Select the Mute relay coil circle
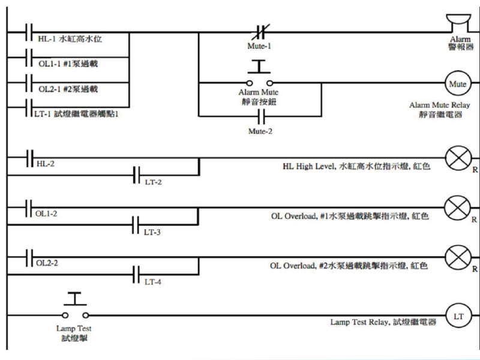[x=458, y=82]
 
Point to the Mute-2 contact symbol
[x=260, y=113]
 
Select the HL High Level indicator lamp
[x=458, y=158]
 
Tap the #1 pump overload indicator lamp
[x=458, y=208]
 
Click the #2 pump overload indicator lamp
[x=458, y=259]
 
